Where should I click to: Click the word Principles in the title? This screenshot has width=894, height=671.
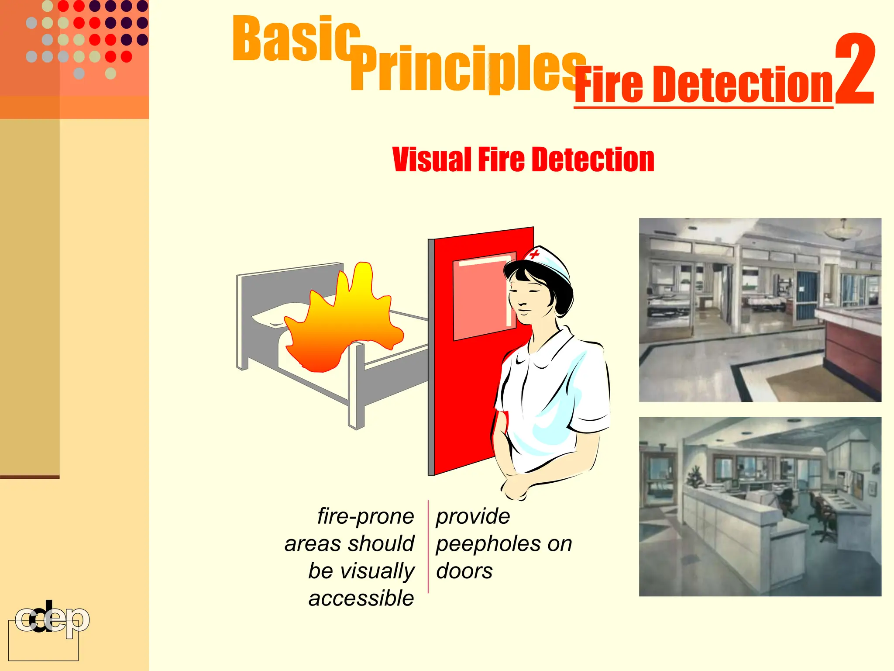click(x=467, y=70)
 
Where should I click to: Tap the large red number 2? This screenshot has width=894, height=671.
click(x=854, y=70)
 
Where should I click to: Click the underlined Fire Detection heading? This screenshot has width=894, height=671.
click(x=704, y=85)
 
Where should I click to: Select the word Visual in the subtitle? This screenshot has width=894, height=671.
click(x=431, y=159)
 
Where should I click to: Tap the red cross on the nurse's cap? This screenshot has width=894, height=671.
click(x=534, y=254)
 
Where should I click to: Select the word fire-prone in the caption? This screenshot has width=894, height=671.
click(x=365, y=516)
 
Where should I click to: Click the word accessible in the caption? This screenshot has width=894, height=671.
click(x=361, y=598)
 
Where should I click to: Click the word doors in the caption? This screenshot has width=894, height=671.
click(x=464, y=571)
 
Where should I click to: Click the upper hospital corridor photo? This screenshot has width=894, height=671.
click(x=760, y=310)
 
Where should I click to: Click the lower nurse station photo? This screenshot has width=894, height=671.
click(x=760, y=507)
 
